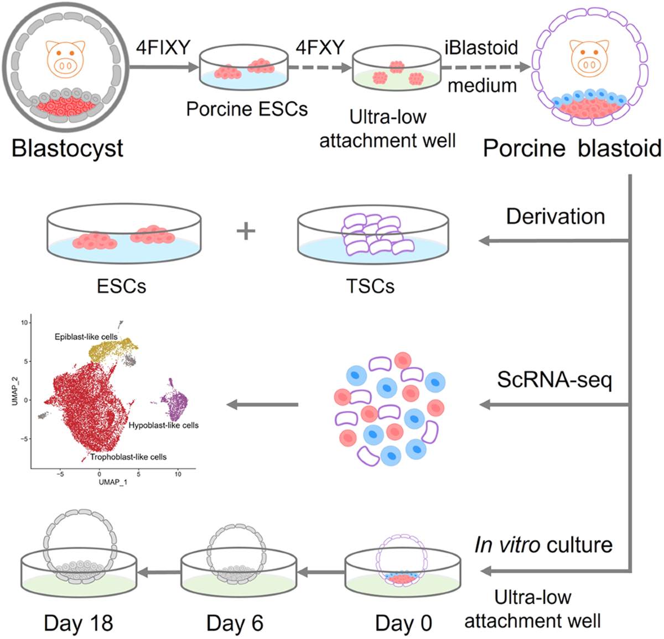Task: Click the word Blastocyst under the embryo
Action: [67, 148]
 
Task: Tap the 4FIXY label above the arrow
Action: [163, 48]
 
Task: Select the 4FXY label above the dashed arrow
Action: [320, 48]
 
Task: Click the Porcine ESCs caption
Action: [247, 109]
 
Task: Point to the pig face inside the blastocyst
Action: [65, 58]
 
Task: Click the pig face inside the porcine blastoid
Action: [589, 57]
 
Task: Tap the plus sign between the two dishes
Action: [246, 231]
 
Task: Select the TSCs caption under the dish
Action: [370, 286]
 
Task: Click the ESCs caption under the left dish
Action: [122, 286]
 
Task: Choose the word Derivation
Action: [555, 217]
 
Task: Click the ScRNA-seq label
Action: [554, 380]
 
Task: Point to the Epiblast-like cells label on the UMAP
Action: [86, 337]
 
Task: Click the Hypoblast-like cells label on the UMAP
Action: [163, 425]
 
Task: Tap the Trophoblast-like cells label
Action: [128, 457]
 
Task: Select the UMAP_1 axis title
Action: [113, 483]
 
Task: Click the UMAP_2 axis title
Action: [15, 391]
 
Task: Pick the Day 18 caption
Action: [79, 623]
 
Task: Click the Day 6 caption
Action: [235, 623]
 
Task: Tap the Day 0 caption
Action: [403, 623]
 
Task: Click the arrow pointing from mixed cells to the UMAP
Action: [263, 405]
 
